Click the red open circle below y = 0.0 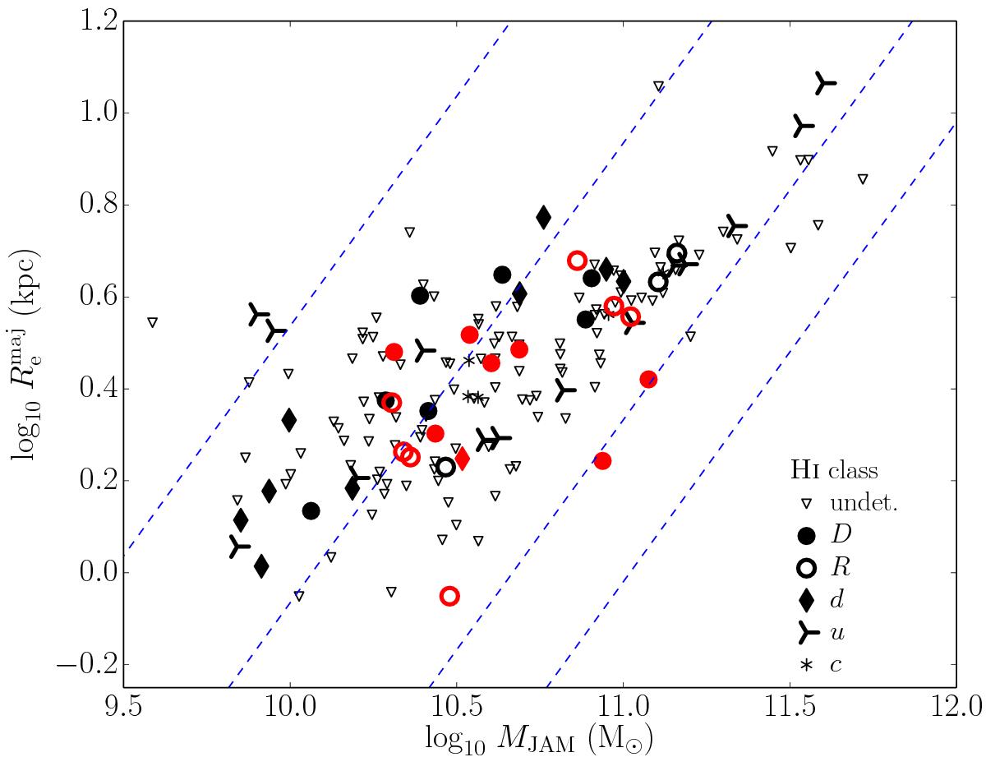pos(449,596)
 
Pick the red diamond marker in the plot pos(462,458)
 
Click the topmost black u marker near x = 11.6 pos(824,82)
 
